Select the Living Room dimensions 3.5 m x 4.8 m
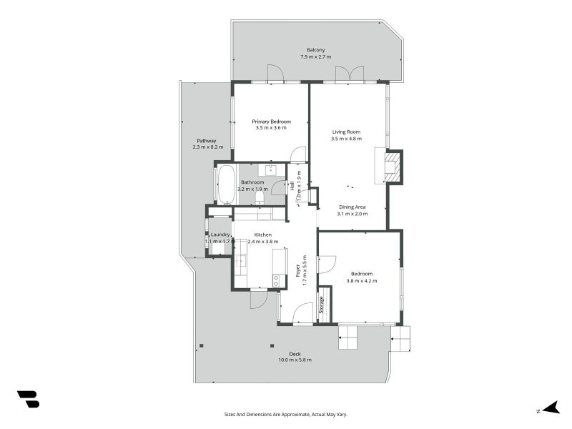pos(345,139)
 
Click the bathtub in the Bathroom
pos(225,184)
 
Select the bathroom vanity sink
pos(271,170)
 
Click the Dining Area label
pos(352,207)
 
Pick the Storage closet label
pos(322,305)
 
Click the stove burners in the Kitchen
pos(275,280)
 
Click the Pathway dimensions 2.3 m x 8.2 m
pos(207,147)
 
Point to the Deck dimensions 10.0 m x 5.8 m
pos(295,360)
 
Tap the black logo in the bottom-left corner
pos(28,400)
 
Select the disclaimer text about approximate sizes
pos(286,415)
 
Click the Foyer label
pos(297,270)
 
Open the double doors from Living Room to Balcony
pos(347,74)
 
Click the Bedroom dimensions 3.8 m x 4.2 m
pos(361,281)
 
